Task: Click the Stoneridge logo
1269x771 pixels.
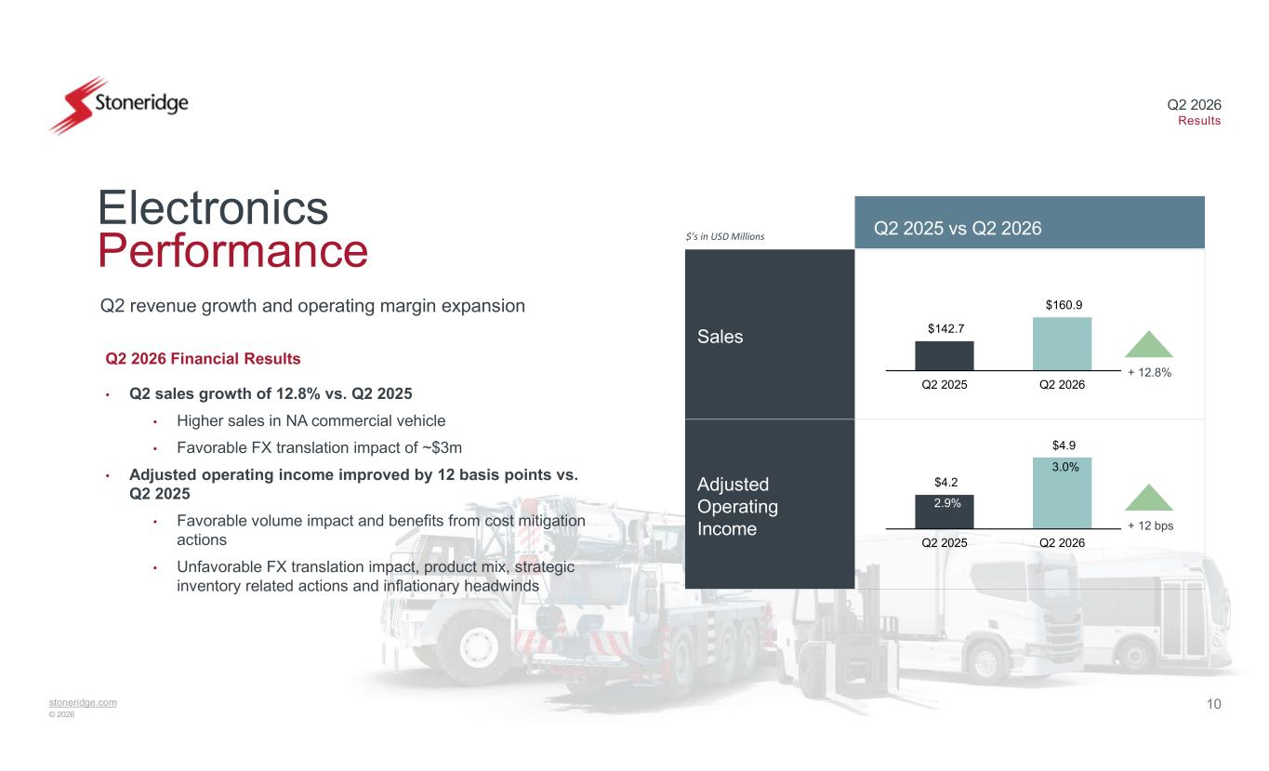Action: click(x=119, y=105)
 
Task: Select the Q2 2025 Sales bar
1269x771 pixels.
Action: click(x=945, y=355)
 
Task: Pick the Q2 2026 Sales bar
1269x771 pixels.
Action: click(x=1063, y=343)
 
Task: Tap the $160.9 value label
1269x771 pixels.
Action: click(x=1064, y=305)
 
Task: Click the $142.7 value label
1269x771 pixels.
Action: click(x=945, y=329)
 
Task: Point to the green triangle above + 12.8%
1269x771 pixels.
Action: click(x=1149, y=345)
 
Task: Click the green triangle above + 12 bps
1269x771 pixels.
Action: click(x=1149, y=498)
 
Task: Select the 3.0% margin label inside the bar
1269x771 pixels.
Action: click(x=1065, y=467)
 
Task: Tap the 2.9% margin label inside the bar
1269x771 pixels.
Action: click(x=947, y=503)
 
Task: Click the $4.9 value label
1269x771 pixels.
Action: click(x=1064, y=445)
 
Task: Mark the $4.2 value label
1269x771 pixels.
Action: click(x=946, y=483)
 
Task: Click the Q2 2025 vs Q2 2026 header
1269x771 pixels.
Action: click(x=958, y=228)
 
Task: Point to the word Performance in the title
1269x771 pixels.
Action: click(x=232, y=250)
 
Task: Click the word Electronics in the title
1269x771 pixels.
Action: click(x=213, y=207)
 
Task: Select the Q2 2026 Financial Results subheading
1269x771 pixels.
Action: click(x=203, y=359)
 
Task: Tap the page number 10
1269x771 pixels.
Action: click(x=1213, y=704)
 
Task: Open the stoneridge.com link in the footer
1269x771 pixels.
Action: click(x=83, y=702)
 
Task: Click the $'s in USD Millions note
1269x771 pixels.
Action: click(x=724, y=236)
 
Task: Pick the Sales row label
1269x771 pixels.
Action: click(x=720, y=337)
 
